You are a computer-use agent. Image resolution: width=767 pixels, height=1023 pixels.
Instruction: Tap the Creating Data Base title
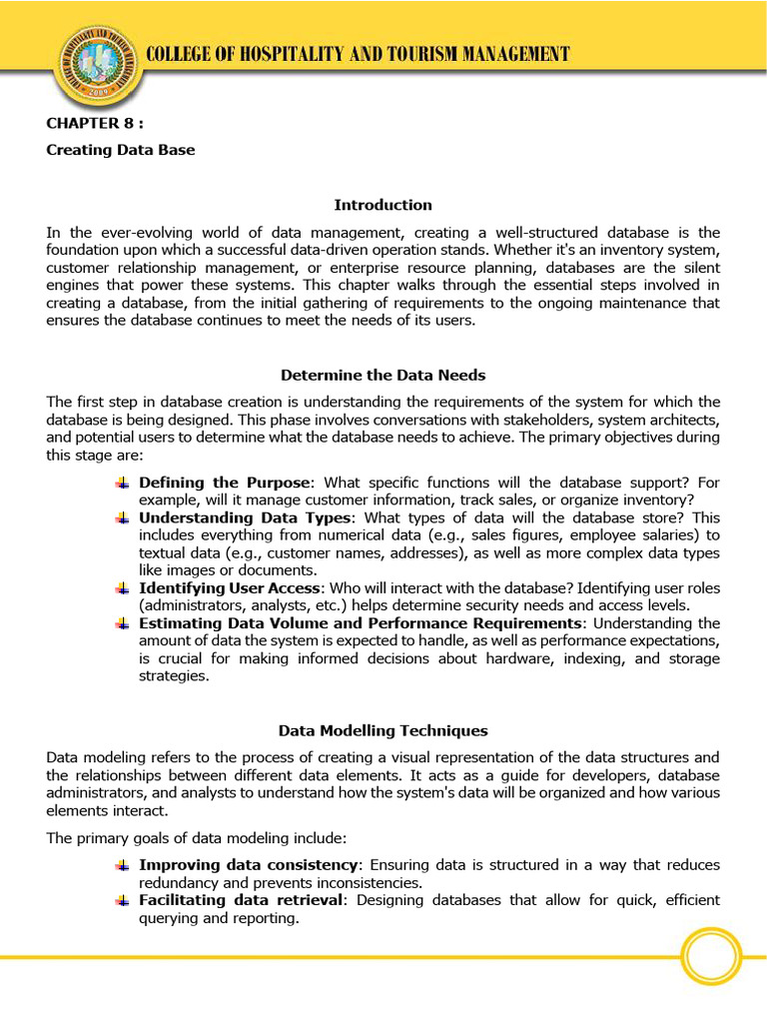click(121, 150)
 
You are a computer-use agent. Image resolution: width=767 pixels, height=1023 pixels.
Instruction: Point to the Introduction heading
click(383, 205)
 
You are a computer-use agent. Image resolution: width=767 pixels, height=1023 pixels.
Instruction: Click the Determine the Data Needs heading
click(383, 376)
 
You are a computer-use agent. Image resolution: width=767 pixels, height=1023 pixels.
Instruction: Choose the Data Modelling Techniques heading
click(383, 731)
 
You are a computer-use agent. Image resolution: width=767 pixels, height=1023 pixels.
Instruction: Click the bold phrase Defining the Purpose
click(226, 483)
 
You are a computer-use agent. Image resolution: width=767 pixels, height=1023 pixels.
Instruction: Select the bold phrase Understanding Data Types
click(245, 517)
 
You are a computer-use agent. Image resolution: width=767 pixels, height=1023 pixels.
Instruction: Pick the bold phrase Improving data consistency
click(248, 865)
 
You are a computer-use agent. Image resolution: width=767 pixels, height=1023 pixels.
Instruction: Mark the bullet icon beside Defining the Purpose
click(122, 483)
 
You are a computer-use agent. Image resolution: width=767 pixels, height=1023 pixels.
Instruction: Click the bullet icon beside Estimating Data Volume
click(122, 623)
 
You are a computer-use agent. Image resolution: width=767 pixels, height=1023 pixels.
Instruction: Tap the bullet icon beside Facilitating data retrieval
click(122, 900)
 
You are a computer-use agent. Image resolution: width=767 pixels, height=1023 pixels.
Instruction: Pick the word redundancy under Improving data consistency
click(179, 883)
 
